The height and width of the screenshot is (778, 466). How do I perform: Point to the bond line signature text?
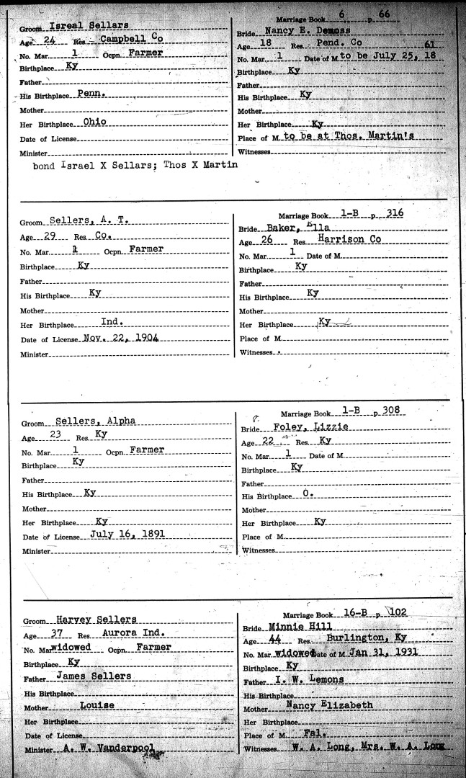point(136,165)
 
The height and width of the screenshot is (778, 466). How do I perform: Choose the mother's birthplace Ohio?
point(94,122)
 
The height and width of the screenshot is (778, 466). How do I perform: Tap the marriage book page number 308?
point(390,411)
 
